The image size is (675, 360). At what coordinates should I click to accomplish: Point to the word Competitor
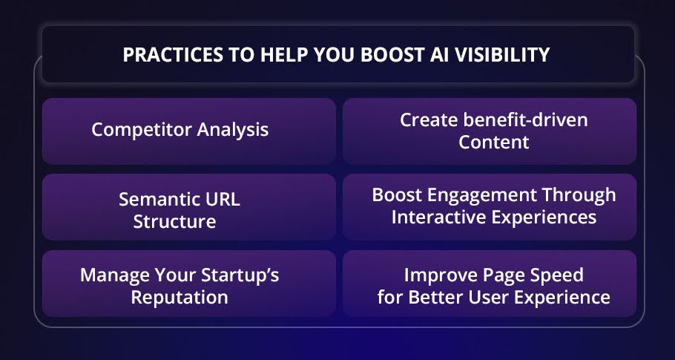point(142,130)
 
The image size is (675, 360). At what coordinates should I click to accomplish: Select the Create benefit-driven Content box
point(490,131)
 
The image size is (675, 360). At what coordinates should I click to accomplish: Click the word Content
point(494,143)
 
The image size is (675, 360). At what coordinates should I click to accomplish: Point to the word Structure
point(174,221)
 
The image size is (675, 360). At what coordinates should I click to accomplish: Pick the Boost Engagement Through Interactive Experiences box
point(490,207)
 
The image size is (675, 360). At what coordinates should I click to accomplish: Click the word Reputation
point(180,298)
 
